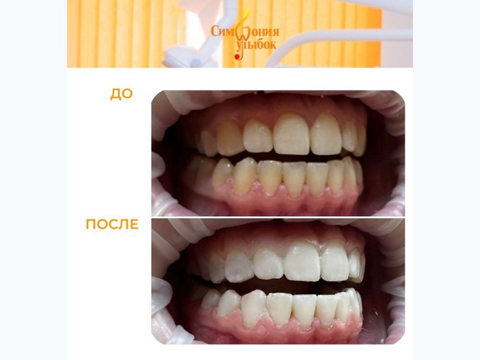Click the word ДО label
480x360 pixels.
tap(121, 94)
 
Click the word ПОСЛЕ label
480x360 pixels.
tap(112, 224)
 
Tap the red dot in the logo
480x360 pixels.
tap(236, 57)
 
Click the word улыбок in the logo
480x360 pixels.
tap(256, 45)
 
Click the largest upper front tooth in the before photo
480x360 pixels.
tap(291, 135)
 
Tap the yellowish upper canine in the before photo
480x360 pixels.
tap(229, 138)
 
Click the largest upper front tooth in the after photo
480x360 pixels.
tap(302, 262)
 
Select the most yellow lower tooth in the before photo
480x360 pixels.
tap(244, 176)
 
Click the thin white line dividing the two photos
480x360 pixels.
tap(278, 217)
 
